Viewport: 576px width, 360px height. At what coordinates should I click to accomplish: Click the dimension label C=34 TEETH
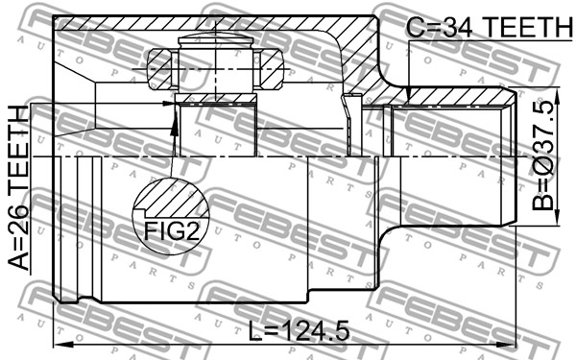[490, 27]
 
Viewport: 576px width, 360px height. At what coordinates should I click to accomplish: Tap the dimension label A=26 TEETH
[18, 188]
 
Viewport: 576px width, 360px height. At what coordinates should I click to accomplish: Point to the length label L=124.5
[299, 330]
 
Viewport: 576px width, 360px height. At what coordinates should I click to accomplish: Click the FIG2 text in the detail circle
[172, 231]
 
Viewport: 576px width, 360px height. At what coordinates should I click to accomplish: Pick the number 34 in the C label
[456, 27]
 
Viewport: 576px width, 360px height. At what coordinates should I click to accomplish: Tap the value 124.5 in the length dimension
[317, 330]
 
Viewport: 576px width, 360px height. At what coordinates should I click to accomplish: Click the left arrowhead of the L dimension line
[61, 345]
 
